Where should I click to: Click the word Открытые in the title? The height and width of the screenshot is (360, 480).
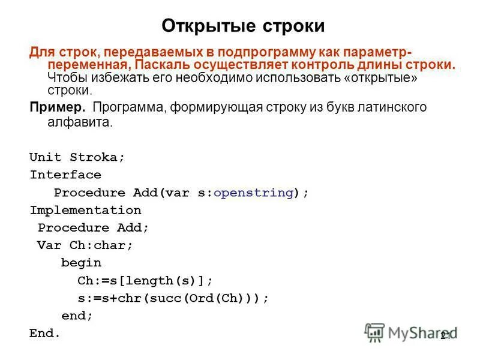coord(206,26)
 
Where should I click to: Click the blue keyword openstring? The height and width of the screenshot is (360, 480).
coord(253,193)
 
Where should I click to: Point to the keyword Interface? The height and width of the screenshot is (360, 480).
coord(65,175)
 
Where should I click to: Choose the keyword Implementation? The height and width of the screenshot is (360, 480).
coord(85,211)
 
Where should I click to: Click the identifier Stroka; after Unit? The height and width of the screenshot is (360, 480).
coord(97,158)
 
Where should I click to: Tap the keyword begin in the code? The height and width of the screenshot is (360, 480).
coord(81,263)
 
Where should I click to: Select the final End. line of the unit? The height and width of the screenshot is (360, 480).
coord(45,333)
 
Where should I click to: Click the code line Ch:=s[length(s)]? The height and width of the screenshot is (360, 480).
coord(145,280)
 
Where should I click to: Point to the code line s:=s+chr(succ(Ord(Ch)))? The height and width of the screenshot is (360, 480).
coord(173,298)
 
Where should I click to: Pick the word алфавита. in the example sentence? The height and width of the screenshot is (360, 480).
coord(80,122)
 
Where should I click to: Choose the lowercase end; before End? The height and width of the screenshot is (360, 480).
coord(77,316)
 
